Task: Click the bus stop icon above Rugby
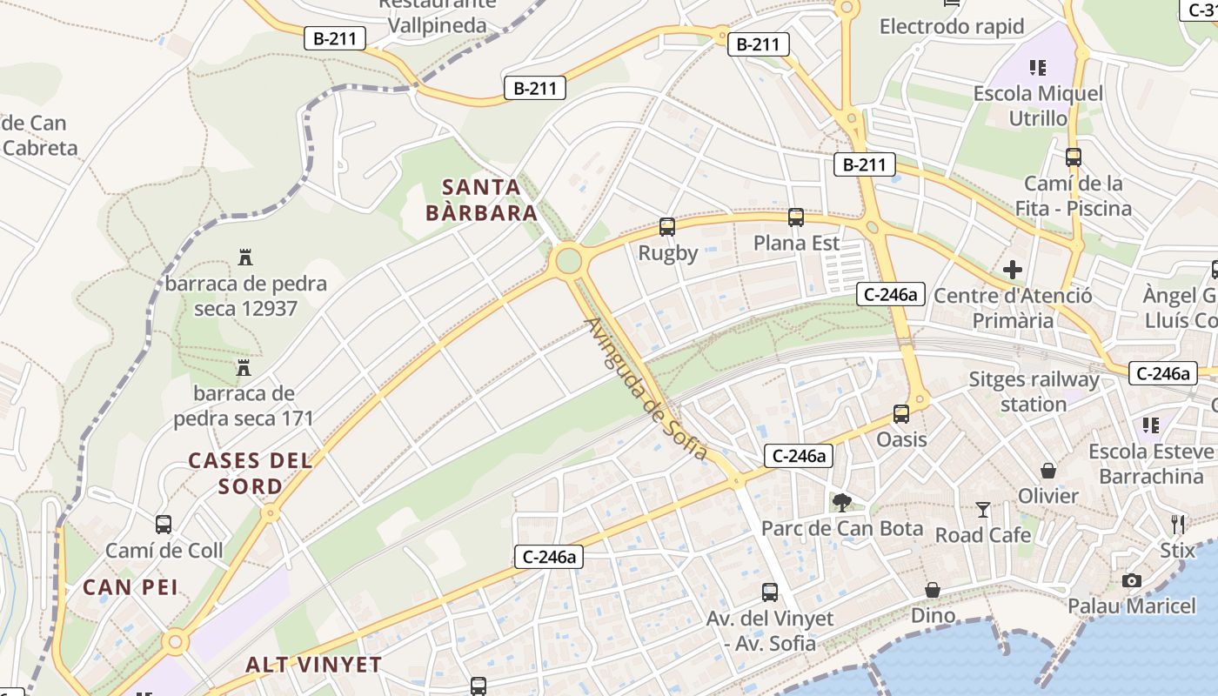[x=667, y=227]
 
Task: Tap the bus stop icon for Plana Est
[x=796, y=217]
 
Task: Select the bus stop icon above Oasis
[x=901, y=414]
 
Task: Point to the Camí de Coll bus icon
[x=164, y=525]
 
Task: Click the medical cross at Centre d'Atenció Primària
[x=1013, y=270]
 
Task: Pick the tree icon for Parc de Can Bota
[x=841, y=502]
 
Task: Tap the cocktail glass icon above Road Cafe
[x=983, y=509]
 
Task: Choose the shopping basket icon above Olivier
[x=1048, y=471]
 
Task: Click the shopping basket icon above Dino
[x=933, y=591]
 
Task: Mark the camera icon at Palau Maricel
[x=1132, y=580]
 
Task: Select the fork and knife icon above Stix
[x=1178, y=524]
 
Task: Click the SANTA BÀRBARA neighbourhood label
[x=481, y=200]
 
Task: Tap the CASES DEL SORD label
[x=251, y=473]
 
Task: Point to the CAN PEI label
[x=130, y=587]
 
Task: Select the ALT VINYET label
[x=313, y=665]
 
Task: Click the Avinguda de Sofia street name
[x=646, y=389]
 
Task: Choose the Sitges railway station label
[x=1034, y=391]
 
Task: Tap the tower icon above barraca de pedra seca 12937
[x=245, y=258]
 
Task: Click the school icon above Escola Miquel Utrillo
[x=1037, y=67]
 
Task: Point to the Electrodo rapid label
[x=952, y=26]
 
